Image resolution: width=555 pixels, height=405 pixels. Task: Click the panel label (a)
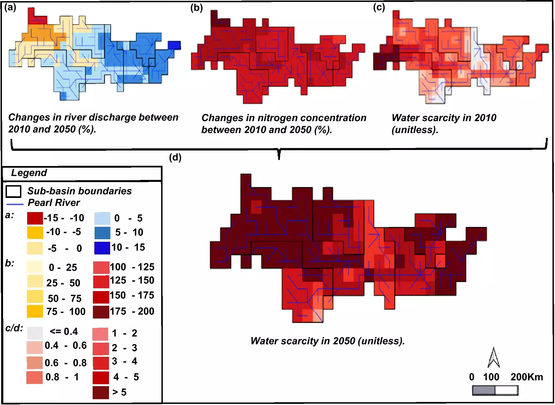[x=10, y=7]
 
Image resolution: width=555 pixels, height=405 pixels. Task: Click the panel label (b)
[x=196, y=8]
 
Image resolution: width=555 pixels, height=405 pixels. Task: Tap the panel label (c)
[x=379, y=7]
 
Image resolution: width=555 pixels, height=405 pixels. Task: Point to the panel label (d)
[x=175, y=157]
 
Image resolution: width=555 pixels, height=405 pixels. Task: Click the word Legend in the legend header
[x=29, y=173]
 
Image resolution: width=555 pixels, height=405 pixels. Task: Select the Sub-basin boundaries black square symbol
[x=13, y=191]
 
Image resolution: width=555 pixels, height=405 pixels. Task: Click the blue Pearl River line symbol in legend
[x=15, y=204]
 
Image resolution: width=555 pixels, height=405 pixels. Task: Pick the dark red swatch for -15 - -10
[x=35, y=218]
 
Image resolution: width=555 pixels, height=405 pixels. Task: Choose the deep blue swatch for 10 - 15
[x=102, y=248]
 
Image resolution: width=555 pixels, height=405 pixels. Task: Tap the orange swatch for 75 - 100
[x=35, y=311]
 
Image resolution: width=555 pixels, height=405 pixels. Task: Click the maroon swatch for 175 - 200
[x=101, y=312]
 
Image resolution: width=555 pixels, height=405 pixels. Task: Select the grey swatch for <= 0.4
[x=35, y=333]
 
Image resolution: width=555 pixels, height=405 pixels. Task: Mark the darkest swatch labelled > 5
[x=101, y=393]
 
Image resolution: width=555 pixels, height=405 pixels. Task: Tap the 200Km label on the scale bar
[x=527, y=377]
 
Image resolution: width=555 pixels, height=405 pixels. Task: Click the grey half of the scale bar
[x=484, y=391]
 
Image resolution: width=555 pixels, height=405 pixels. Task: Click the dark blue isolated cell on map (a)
[x=174, y=45]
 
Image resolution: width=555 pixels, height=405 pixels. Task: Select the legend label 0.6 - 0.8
[x=65, y=363]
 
